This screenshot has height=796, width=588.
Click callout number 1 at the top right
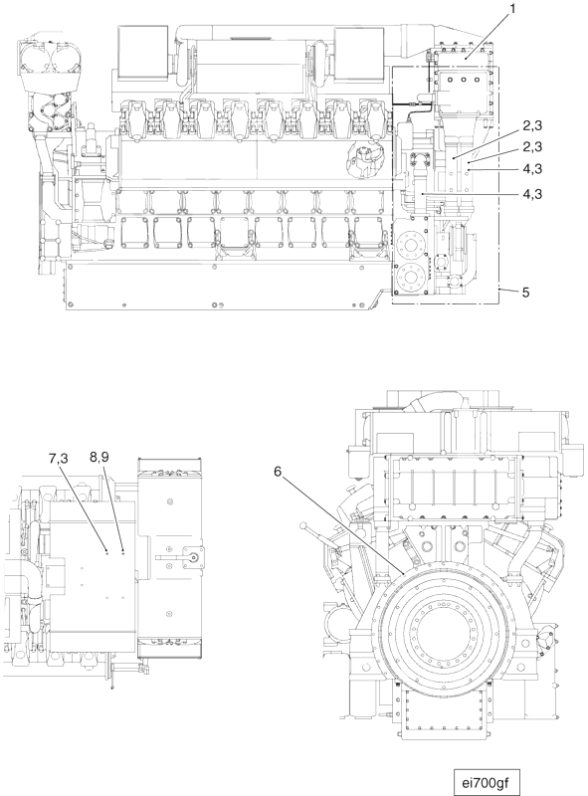pos(512,9)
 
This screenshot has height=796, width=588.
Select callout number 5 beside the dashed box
pos(525,293)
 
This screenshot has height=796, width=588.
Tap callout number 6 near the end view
pos(278,472)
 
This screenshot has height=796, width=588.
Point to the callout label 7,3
pos(59,459)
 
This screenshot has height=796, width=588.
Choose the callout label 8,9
pos(99,457)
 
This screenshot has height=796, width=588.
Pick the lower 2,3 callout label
pos(532,146)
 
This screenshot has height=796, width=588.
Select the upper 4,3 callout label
pos(532,168)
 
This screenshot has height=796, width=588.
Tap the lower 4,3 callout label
pos(532,193)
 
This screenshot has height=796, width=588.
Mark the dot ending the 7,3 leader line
pos(106,550)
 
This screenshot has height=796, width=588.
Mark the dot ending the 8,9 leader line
pos(123,550)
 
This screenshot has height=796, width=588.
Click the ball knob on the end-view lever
pos(303,525)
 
